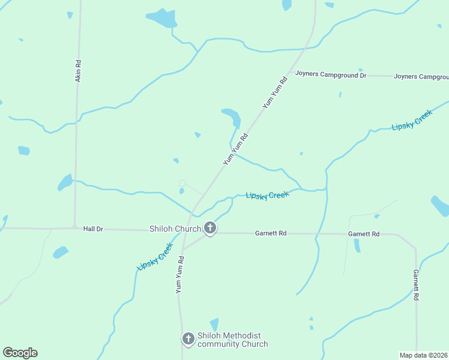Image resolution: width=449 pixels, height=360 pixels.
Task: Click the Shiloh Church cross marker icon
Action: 210,228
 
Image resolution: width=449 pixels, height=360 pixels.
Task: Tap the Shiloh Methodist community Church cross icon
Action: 188,339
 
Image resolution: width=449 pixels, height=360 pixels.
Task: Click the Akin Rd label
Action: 78,71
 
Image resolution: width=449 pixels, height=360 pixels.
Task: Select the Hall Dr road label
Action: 93,229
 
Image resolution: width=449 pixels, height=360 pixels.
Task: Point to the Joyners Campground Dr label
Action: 330,76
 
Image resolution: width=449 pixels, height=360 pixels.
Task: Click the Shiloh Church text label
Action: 175,229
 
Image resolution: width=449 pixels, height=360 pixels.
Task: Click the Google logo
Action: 20,353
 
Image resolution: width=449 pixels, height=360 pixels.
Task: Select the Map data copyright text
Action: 423,355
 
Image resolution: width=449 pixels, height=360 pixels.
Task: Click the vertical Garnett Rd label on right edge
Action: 415,285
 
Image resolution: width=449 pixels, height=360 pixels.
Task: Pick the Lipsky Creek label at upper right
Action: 412,121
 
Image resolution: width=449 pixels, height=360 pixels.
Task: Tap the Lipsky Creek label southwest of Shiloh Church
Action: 155,256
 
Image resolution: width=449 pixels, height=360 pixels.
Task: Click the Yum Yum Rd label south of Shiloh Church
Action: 179,275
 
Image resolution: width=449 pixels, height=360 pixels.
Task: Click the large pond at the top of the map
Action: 162,17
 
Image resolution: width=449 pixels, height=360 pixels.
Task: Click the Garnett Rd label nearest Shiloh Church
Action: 271,233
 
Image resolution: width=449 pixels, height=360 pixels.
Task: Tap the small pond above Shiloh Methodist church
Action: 214,324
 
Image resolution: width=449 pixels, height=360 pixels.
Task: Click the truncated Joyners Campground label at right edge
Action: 421,77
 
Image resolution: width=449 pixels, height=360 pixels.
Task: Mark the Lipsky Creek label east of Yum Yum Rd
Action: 267,195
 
